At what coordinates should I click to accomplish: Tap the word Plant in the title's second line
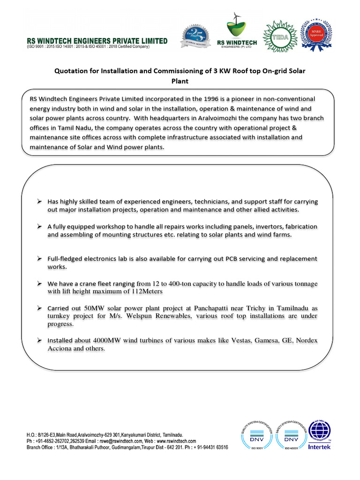click(x=180, y=81)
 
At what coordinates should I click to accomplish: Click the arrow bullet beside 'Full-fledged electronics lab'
click(x=40, y=259)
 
